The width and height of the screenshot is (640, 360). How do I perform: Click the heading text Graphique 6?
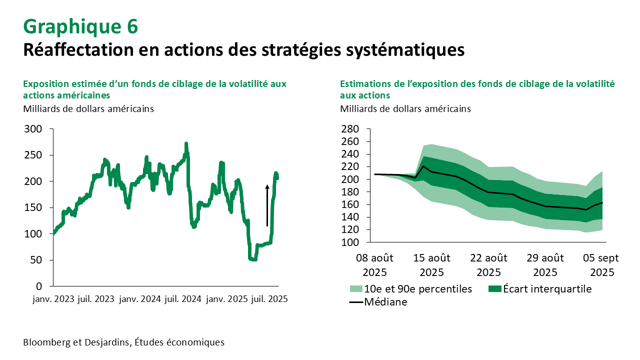(80, 26)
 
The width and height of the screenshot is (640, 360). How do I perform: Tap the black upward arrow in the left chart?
(267, 205)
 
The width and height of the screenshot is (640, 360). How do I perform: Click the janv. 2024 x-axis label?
(139, 299)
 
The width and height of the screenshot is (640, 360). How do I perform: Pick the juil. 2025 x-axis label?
(269, 299)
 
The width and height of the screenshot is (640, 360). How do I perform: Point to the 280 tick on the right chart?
(350, 129)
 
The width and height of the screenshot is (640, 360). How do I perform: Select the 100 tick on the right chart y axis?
(350, 242)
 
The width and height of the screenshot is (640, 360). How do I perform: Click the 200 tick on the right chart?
(350, 179)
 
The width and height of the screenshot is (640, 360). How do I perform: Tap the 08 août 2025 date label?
(374, 265)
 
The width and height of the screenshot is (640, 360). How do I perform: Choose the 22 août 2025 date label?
(488, 265)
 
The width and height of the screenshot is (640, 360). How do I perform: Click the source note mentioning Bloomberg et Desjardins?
(123, 342)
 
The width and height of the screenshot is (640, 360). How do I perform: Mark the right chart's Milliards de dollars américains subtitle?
(405, 108)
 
